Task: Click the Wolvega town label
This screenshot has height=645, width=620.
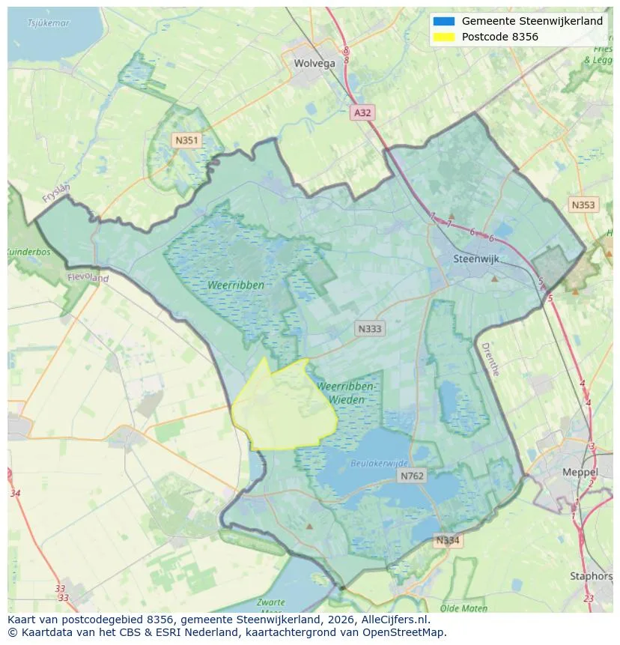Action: click(314, 64)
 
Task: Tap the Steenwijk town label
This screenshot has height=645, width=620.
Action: click(476, 259)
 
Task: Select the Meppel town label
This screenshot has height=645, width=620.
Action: click(580, 473)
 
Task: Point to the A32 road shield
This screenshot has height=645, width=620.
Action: click(362, 112)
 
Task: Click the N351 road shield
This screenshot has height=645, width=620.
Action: click(186, 140)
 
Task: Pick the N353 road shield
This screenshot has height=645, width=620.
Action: click(583, 205)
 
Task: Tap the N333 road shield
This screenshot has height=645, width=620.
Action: click(370, 329)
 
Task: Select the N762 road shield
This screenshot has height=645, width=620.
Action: click(412, 476)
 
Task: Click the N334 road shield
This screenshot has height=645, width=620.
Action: click(449, 540)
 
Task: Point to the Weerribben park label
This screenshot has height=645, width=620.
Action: click(237, 285)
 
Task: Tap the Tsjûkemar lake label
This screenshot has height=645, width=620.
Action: click(49, 23)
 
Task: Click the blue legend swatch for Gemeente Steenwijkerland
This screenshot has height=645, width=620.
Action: click(443, 22)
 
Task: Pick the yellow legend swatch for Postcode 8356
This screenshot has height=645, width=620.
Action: click(443, 37)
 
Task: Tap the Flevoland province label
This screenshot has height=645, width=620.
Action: click(88, 278)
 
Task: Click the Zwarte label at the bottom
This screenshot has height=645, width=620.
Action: click(270, 602)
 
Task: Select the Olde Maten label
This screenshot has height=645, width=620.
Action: click(464, 608)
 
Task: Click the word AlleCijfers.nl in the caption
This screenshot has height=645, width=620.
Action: click(392, 620)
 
